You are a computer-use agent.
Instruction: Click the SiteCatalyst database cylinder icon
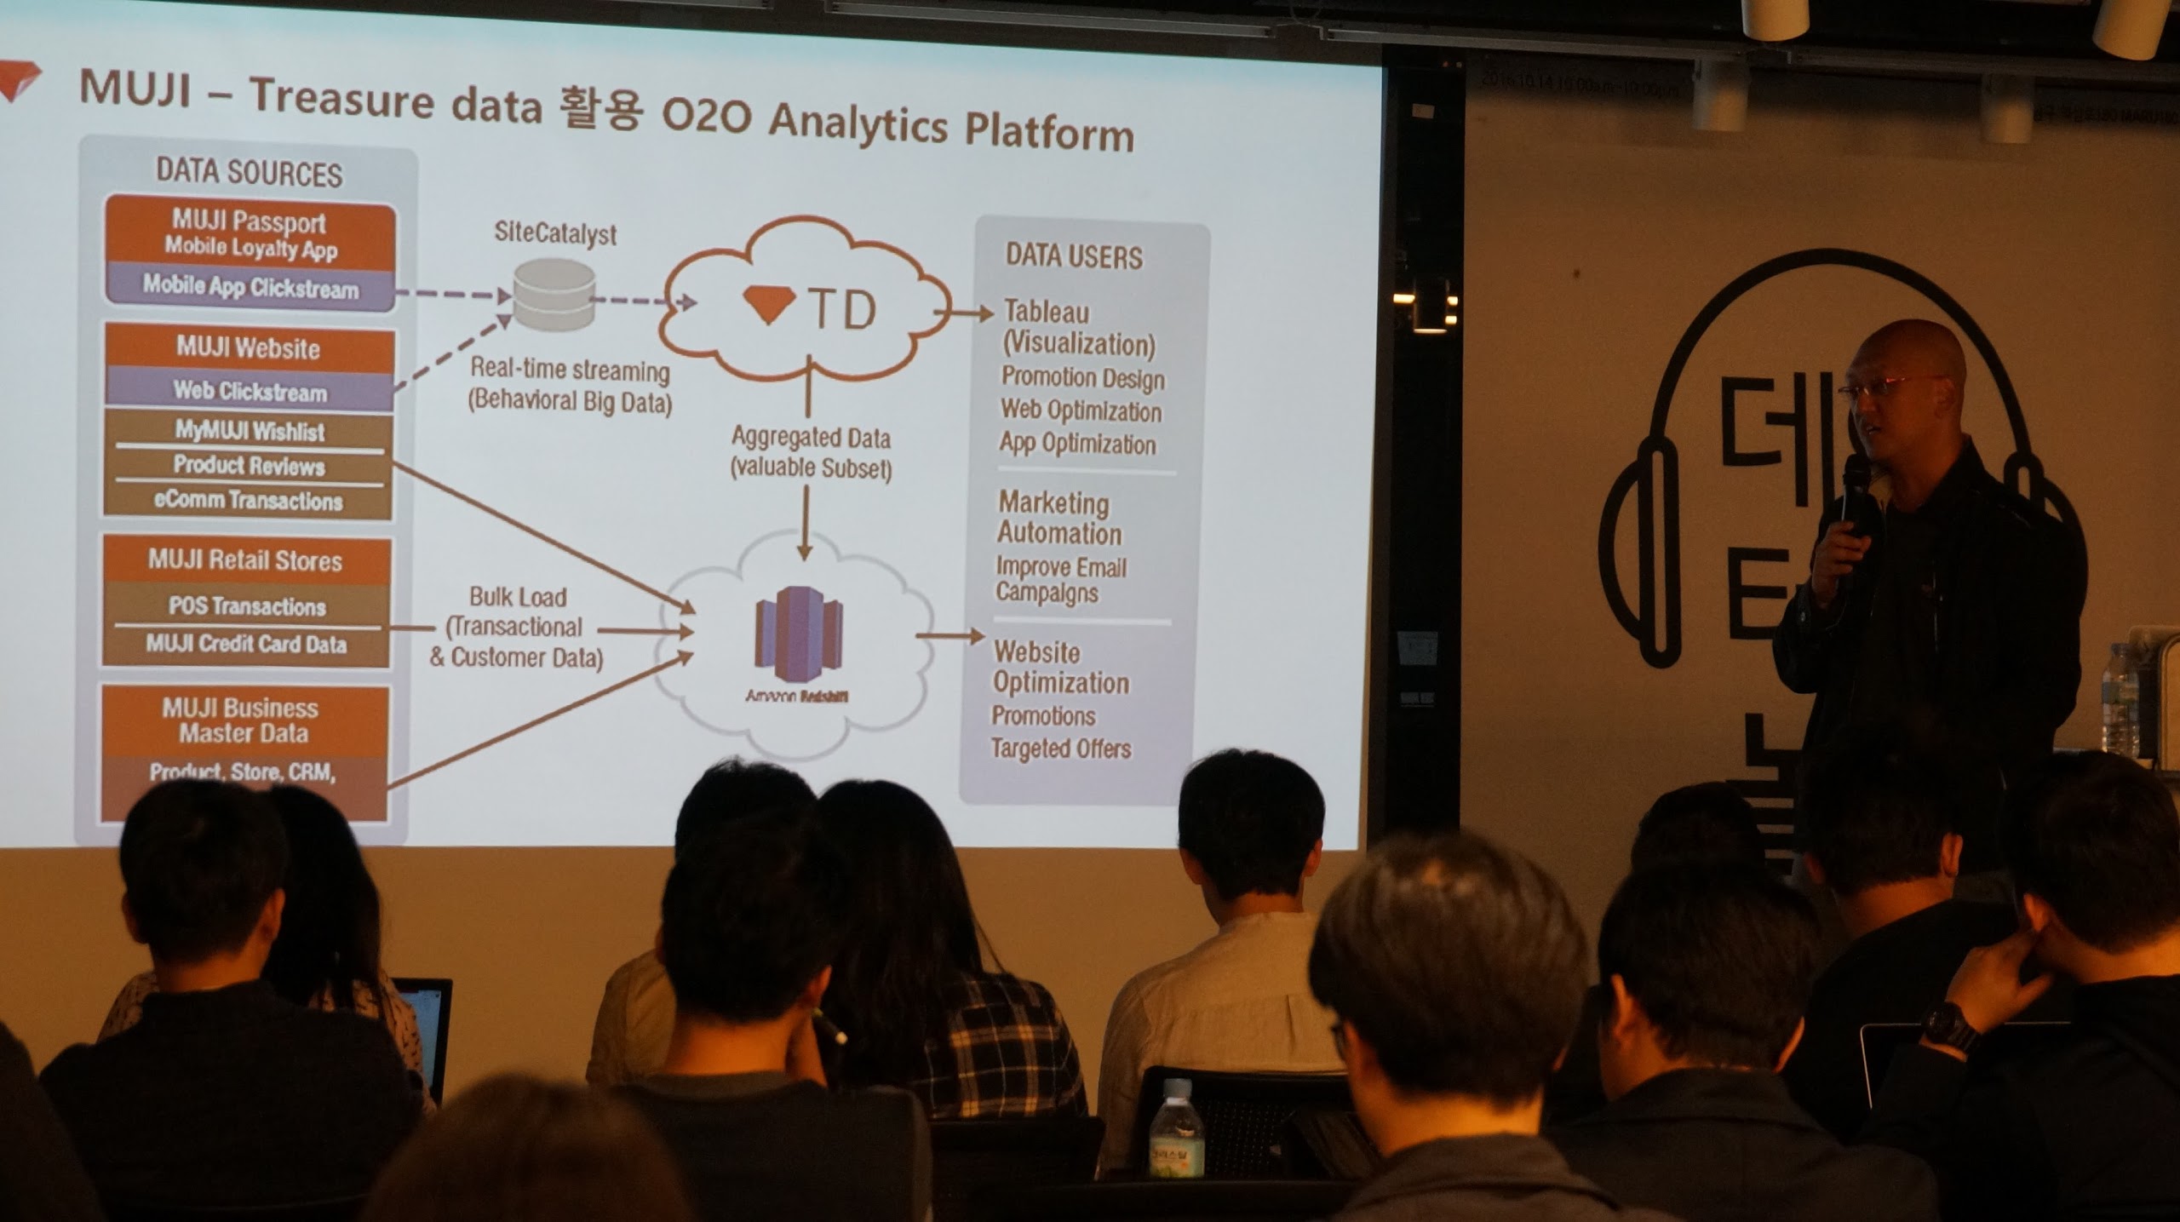coord(554,295)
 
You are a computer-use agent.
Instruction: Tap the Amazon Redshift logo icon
coord(798,627)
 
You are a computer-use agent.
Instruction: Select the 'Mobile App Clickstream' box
coord(250,287)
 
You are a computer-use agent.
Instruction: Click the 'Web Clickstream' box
coord(250,391)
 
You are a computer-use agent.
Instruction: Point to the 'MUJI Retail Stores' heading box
coord(245,560)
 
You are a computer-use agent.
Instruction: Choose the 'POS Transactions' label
coord(247,606)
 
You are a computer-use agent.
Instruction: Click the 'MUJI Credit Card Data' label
coord(246,644)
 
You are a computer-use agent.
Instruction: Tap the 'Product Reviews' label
coord(249,465)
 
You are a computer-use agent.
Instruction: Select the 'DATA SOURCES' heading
coord(249,172)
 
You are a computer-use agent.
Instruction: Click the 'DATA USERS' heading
coord(1074,255)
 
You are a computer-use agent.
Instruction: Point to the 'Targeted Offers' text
coord(1061,749)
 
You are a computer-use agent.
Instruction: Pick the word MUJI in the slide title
coord(135,89)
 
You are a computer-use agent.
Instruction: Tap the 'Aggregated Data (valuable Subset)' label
coord(811,453)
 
